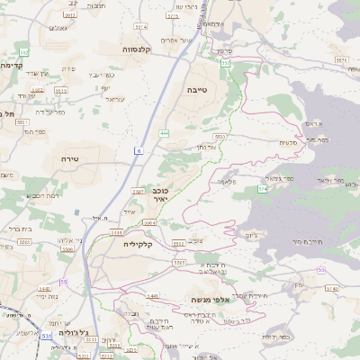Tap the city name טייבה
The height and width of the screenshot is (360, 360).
coord(197,90)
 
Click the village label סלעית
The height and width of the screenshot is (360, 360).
coord(288,142)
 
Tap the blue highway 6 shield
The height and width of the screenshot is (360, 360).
coord(139,150)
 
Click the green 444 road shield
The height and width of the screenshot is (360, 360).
coord(164,133)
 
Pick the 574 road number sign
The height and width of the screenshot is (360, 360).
coord(262,189)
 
